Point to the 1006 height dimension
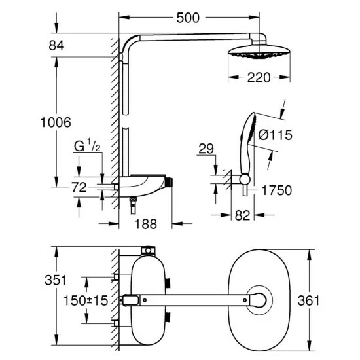tap(55, 122)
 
